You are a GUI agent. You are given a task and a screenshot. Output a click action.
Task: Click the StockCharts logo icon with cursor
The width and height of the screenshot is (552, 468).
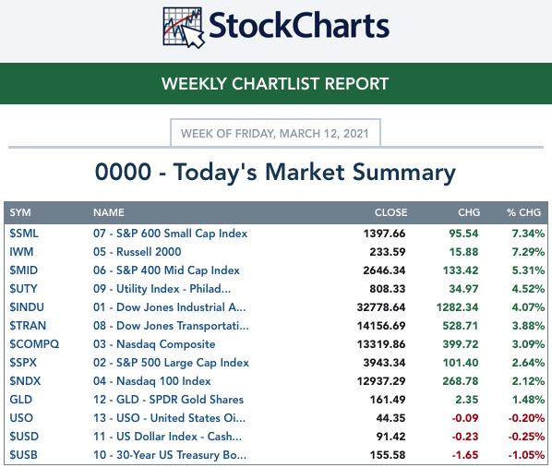pos(184,28)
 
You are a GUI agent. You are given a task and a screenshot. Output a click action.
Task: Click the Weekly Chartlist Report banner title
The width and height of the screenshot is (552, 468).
pos(275,84)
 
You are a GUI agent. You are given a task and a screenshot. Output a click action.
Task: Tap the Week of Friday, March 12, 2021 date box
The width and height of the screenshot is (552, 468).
pos(275,133)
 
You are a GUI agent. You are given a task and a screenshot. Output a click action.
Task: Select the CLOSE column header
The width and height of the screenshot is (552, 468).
pos(390,212)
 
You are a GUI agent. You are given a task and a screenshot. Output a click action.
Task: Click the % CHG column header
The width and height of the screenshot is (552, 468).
pos(523,212)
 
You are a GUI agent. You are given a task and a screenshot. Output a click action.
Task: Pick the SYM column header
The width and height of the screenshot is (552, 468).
pos(20,212)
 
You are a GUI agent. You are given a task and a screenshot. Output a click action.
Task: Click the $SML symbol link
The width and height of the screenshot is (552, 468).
pos(24,234)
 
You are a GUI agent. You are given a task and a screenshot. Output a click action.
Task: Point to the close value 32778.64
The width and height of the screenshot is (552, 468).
pos(381,307)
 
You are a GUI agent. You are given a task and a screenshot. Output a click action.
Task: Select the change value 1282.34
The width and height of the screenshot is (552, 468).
pos(457,307)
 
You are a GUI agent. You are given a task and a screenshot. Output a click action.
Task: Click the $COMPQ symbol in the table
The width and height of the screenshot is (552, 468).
pos(34,344)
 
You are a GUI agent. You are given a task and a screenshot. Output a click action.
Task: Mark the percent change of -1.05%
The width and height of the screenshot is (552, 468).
pos(526,455)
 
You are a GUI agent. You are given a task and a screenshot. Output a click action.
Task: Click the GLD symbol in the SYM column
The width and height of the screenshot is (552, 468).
pos(21,400)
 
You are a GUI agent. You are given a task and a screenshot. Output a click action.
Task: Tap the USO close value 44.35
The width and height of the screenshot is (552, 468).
pos(390,418)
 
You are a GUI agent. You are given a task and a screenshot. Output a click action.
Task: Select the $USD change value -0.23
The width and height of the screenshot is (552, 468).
pos(465,437)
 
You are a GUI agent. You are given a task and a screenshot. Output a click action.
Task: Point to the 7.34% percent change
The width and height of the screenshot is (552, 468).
pos(528,234)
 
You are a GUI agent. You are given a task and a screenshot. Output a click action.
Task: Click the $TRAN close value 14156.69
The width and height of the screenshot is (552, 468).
pos(381,326)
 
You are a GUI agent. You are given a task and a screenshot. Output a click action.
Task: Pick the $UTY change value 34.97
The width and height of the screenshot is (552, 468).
pos(463,289)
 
